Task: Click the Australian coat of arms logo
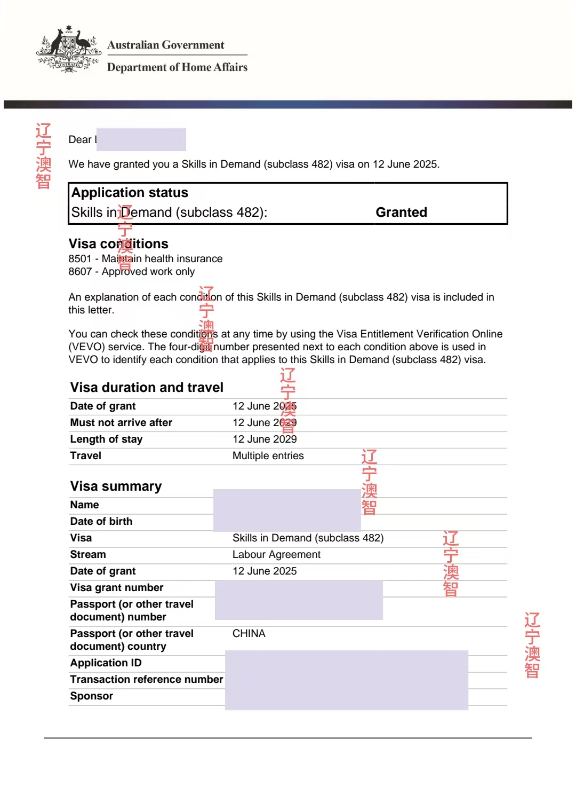pos(69,49)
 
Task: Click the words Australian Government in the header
pos(166,45)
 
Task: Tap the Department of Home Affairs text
pos(177,67)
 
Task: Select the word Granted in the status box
pos(401,213)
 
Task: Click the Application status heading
pos(130,193)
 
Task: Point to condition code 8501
pos(80,259)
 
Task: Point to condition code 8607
pos(80,272)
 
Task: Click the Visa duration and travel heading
pos(147,388)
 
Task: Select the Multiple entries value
pos(268,456)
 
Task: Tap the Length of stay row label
pos(106,439)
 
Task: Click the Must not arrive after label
pos(121,423)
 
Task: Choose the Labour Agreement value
pos(276,555)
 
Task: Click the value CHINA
pos(249,634)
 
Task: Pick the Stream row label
pos(88,555)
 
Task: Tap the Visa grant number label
pos(116,588)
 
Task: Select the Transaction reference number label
pos(146,680)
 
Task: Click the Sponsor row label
pos(91,696)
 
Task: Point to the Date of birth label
pos(101,522)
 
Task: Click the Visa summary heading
pos(116,486)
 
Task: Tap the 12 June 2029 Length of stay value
pos(265,439)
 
